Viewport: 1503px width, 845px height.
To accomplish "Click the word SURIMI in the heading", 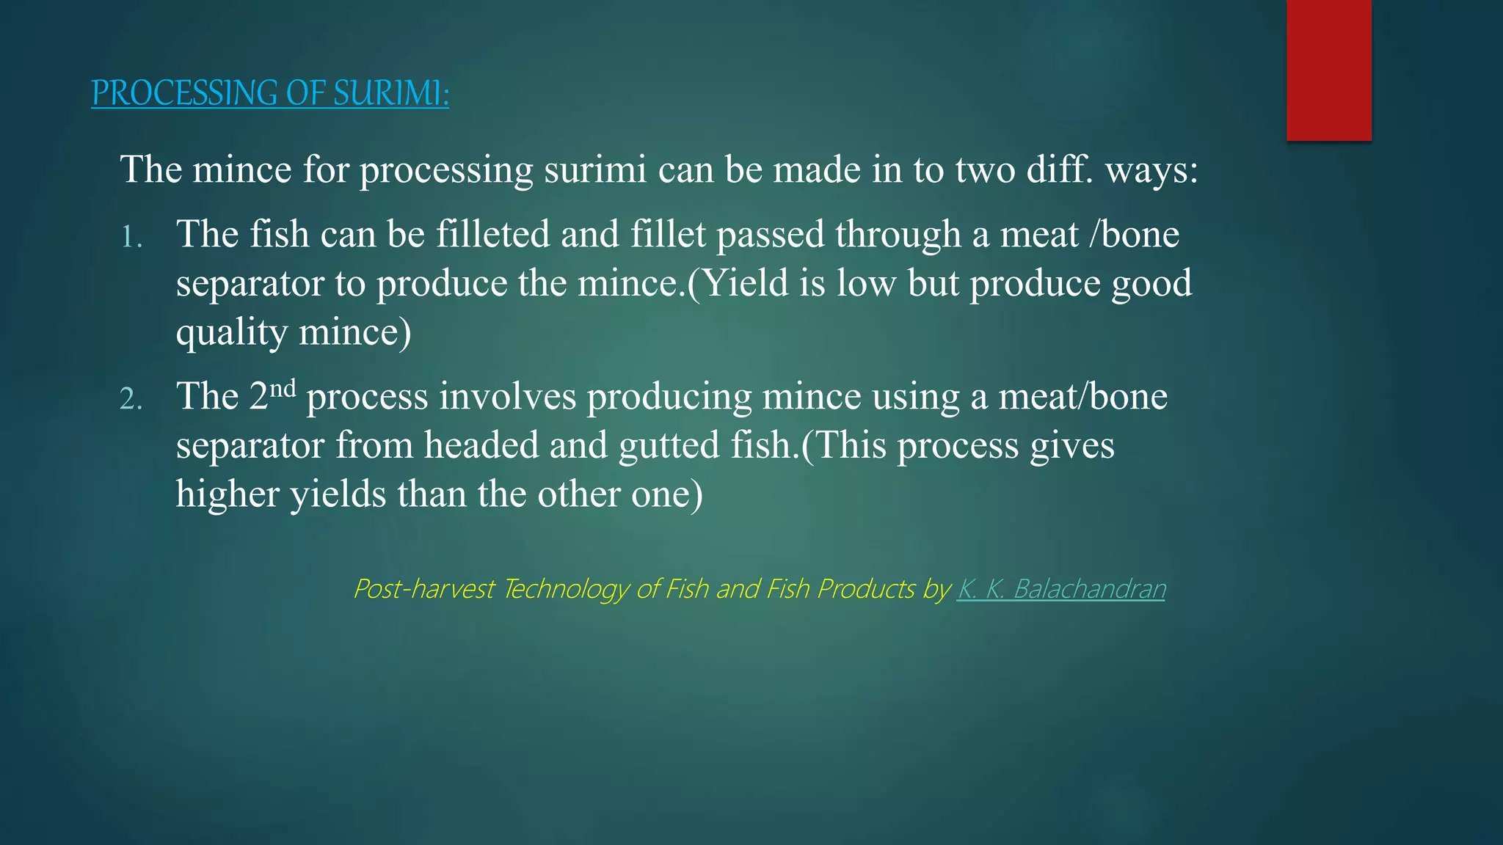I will point(389,93).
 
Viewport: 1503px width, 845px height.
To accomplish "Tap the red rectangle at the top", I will point(1328,70).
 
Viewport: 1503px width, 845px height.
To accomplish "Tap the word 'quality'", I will point(232,332).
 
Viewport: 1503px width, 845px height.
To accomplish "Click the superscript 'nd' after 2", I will point(283,388).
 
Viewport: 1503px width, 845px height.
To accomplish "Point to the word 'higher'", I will point(228,494).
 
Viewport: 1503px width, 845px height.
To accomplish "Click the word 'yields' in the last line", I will point(338,494).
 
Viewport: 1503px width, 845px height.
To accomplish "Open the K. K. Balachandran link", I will point(1060,588).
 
